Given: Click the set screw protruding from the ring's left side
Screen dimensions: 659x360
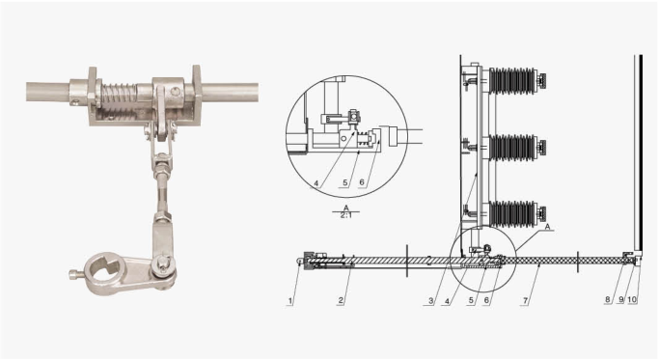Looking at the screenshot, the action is click(74, 275).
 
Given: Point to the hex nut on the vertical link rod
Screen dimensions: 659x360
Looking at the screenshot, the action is click(161, 172).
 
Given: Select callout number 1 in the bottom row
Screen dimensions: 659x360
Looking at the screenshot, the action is click(290, 301).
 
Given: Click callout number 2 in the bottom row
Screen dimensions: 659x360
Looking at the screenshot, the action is click(341, 300).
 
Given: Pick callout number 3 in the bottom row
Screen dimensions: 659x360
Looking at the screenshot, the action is click(430, 301).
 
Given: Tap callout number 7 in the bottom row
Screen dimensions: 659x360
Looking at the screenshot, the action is click(525, 300).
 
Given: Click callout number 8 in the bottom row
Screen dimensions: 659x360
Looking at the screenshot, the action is click(608, 299).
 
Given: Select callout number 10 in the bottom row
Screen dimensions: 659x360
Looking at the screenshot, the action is click(633, 299).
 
